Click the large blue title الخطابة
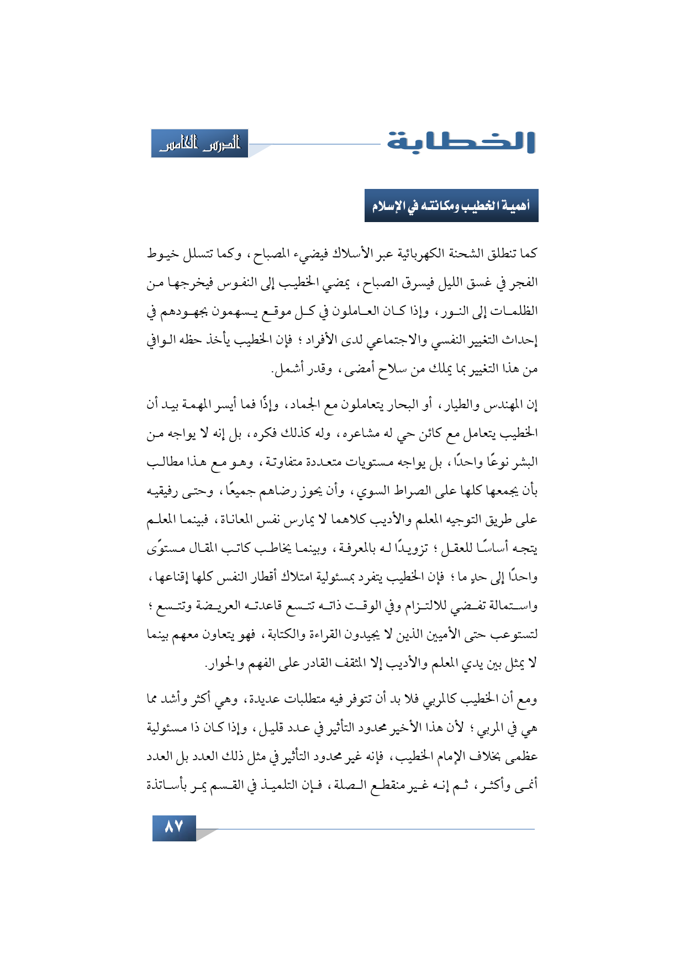click(x=461, y=142)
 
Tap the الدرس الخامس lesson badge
click(x=200, y=144)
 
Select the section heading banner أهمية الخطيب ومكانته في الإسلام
click(x=451, y=206)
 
